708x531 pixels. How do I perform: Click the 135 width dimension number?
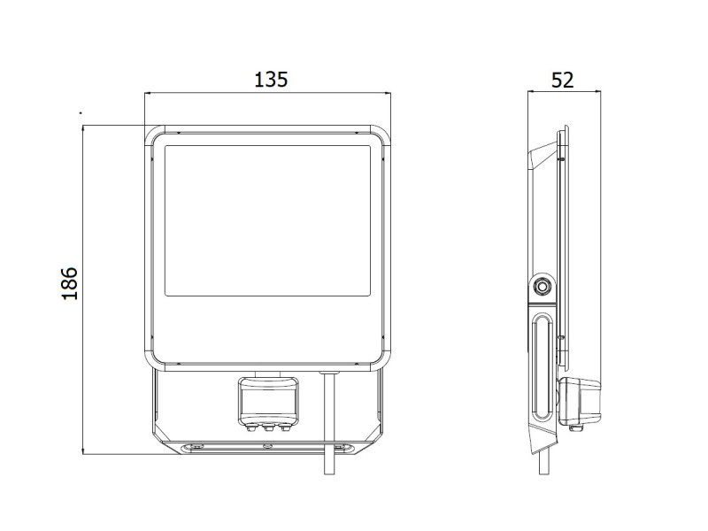[271, 80]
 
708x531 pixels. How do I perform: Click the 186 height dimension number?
[70, 283]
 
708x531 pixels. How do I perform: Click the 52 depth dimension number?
[562, 80]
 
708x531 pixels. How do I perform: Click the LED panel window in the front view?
[268, 220]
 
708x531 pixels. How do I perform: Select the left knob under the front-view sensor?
[250, 427]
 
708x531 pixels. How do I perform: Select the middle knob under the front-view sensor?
[268, 427]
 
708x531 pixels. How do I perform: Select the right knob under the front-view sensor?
[285, 427]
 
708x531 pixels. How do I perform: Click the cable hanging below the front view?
[329, 423]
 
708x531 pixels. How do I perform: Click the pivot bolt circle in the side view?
[542, 286]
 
